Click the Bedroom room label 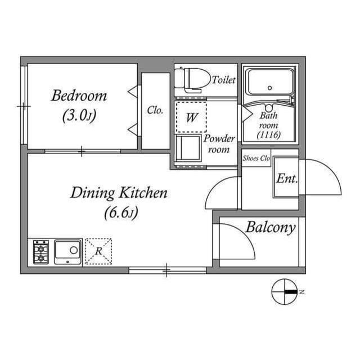coord(79,95)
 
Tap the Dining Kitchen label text coord(119,193)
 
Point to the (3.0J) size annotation coord(79,116)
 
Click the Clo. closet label coord(155,111)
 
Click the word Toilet coord(223,80)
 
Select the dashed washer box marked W coord(191,117)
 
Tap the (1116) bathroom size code coord(268,136)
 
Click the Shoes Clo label coord(256,159)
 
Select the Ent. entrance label coord(287,179)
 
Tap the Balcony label coord(270,228)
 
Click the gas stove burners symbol coord(41,251)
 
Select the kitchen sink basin coord(68,250)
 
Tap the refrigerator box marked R coord(98,251)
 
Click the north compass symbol coord(284,292)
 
